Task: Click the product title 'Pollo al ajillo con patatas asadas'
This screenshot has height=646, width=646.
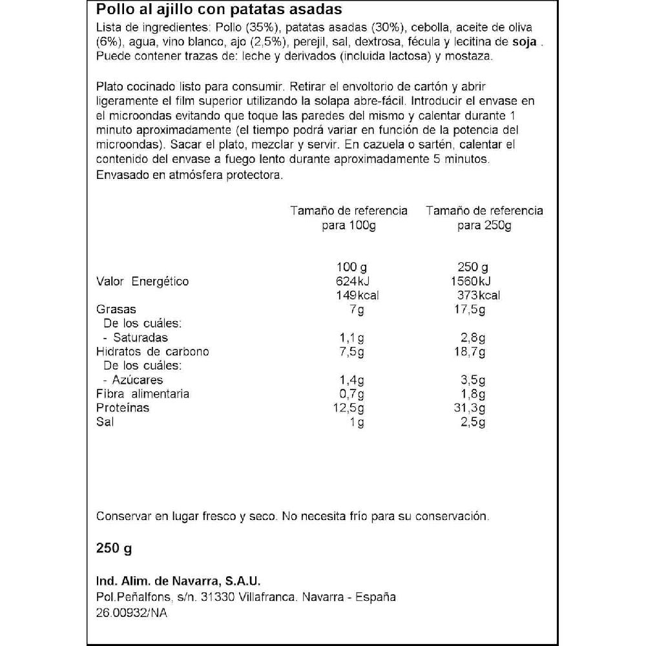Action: click(219, 11)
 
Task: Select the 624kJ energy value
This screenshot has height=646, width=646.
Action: click(352, 282)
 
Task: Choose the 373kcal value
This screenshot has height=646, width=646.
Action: click(478, 296)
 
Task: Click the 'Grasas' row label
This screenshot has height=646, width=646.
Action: click(116, 310)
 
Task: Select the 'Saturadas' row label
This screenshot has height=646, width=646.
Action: click(140, 338)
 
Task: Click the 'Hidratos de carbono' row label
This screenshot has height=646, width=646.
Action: click(152, 352)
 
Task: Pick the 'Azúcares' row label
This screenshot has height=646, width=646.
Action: click(138, 380)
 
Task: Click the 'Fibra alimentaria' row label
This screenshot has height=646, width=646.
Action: click(142, 394)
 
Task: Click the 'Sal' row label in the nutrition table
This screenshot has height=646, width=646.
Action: click(104, 422)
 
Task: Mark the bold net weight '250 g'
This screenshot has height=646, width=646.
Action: click(114, 548)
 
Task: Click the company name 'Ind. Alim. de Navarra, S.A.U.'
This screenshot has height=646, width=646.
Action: click(178, 581)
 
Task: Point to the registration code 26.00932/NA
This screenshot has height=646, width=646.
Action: click(132, 613)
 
